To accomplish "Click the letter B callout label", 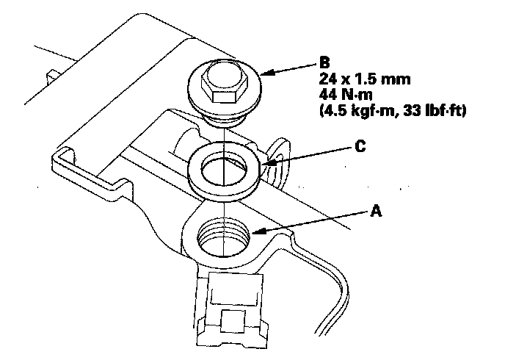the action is tap(324, 62).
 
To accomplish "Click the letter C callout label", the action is tap(360, 146).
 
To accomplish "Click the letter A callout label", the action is tap(376, 212).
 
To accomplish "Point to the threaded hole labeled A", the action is tap(223, 237).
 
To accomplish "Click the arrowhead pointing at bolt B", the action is tap(267, 73).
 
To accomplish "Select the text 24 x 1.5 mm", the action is tap(365, 79).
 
